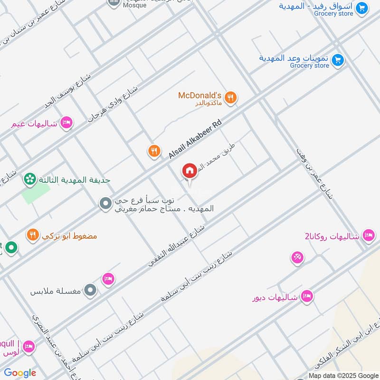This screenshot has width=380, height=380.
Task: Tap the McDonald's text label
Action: point(199,95)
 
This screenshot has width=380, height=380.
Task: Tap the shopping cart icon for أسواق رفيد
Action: point(362,8)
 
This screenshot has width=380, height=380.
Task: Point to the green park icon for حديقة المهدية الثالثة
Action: point(29,180)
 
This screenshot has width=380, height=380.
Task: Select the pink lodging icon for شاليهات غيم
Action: point(66,123)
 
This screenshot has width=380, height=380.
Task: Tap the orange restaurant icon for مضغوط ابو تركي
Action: point(32,235)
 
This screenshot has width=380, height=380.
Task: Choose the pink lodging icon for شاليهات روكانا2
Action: point(368,235)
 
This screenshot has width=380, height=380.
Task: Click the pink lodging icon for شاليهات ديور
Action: point(307,296)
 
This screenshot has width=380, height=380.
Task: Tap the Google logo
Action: point(20,373)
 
